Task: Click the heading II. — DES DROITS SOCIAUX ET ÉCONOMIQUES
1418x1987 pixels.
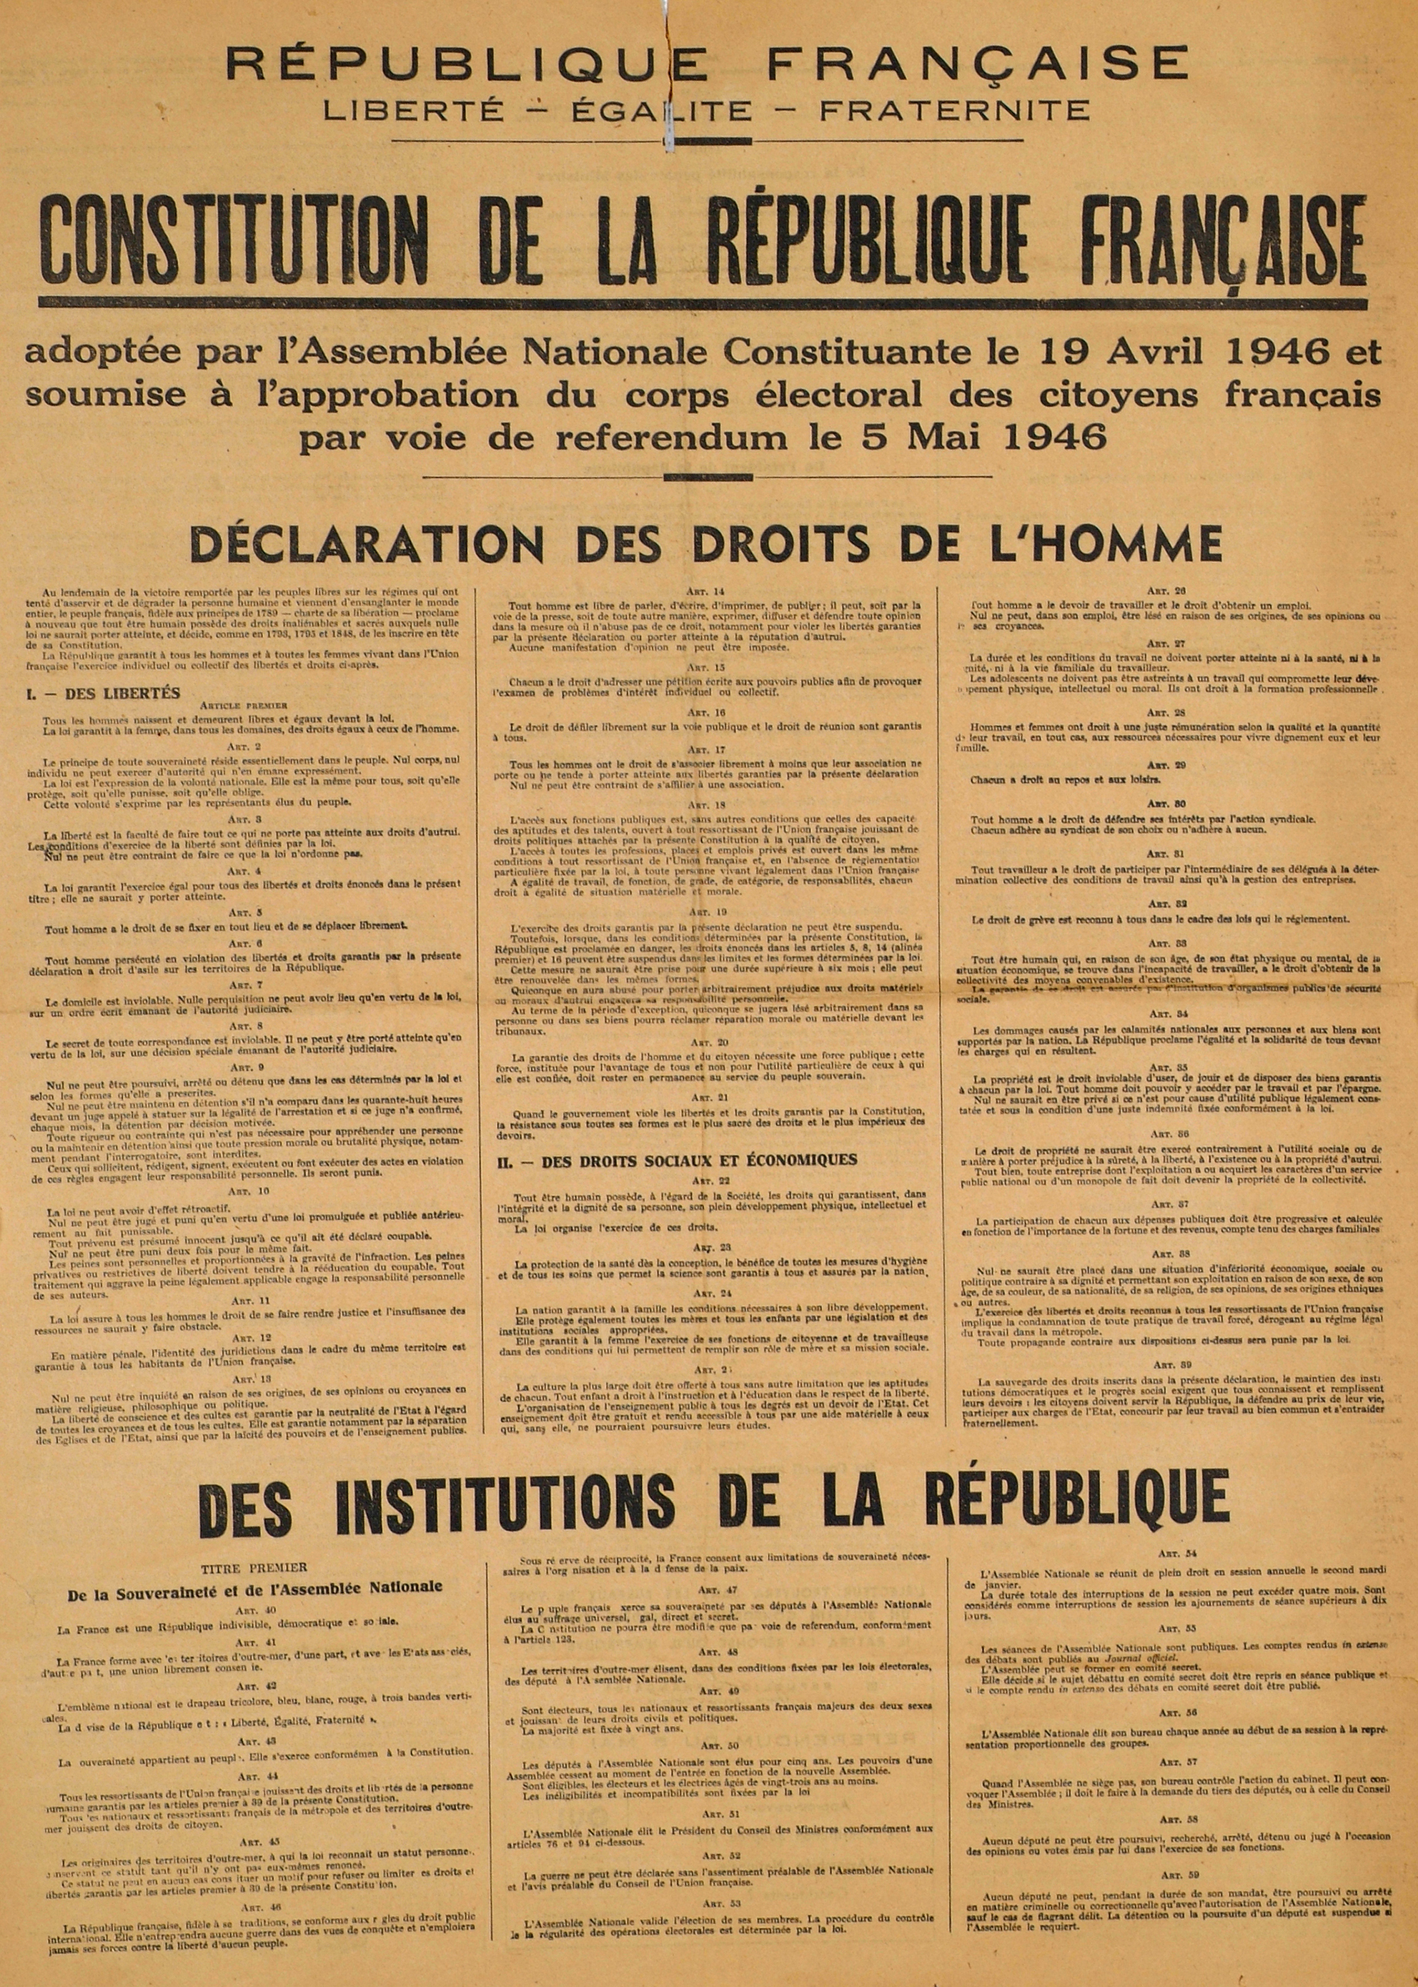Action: tap(678, 1160)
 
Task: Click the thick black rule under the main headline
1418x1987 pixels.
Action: tap(703, 302)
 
